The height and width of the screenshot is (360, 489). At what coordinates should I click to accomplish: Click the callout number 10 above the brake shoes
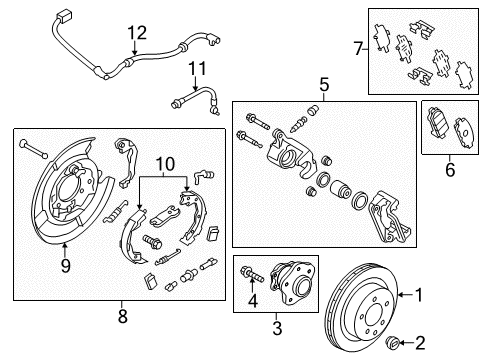pos(164,161)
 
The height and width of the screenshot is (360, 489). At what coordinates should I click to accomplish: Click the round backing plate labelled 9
pos(63,209)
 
